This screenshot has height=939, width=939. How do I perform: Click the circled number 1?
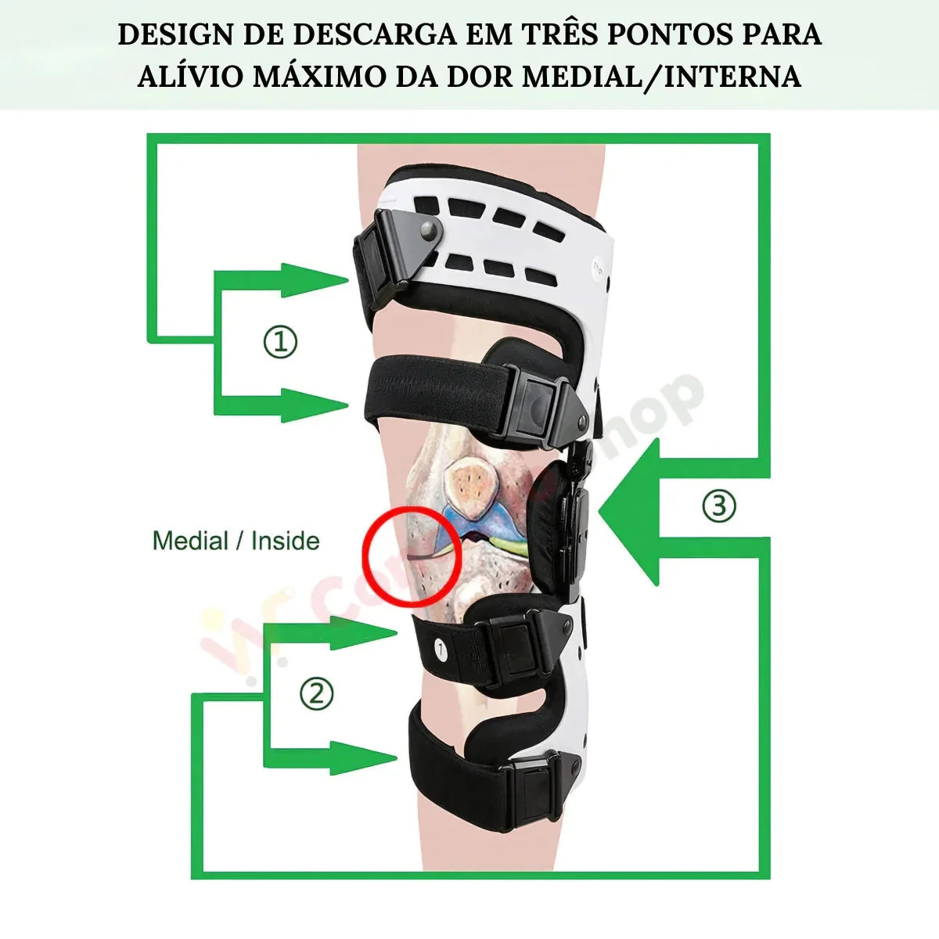click(x=280, y=342)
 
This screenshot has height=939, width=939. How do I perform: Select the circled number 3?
click(x=718, y=505)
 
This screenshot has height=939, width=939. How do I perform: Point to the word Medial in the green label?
click(x=190, y=541)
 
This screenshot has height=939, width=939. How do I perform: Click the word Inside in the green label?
click(x=286, y=541)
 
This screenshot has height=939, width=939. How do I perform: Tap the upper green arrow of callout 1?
click(x=313, y=280)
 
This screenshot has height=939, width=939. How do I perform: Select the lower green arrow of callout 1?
click(x=313, y=405)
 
